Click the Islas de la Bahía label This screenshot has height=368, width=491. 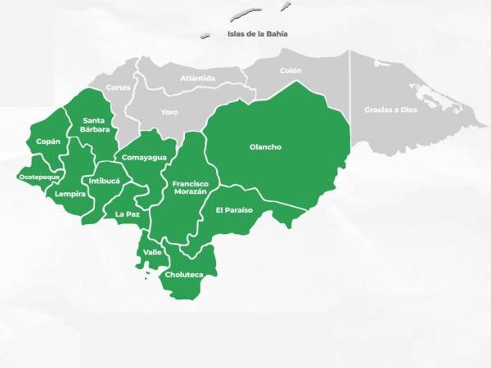click(258, 34)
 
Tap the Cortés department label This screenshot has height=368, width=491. click(118, 87)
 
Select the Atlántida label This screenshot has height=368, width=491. click(198, 79)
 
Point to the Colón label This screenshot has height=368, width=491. click(291, 71)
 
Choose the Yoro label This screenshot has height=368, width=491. click(169, 111)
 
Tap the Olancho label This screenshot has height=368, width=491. click(265, 147)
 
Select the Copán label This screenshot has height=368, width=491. click(47, 141)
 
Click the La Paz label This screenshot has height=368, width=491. click(127, 214)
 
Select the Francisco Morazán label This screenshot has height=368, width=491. click(190, 187)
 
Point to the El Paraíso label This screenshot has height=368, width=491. click(234, 210)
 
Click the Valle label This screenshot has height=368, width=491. click(152, 252)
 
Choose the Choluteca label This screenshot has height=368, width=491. click(183, 275)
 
